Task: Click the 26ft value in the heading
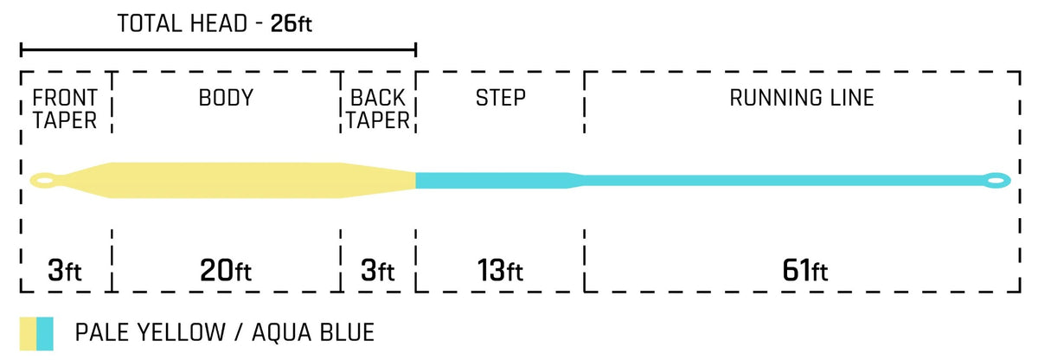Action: click(291, 23)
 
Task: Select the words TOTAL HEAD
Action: click(183, 23)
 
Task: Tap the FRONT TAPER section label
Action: click(64, 109)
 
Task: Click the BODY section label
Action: click(226, 98)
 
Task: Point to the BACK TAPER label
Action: click(378, 109)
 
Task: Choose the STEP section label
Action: click(501, 98)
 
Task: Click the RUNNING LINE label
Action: click(802, 98)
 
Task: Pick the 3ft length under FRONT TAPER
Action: click(64, 271)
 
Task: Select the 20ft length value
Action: click(226, 271)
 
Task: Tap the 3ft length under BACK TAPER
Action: click(378, 271)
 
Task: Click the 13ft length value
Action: click(500, 271)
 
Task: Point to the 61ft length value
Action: click(805, 271)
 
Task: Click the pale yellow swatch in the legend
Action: click(28, 333)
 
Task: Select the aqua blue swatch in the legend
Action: click(45, 333)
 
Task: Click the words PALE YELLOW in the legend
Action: click(151, 332)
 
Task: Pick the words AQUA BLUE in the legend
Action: click(313, 332)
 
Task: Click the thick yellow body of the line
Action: click(226, 180)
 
